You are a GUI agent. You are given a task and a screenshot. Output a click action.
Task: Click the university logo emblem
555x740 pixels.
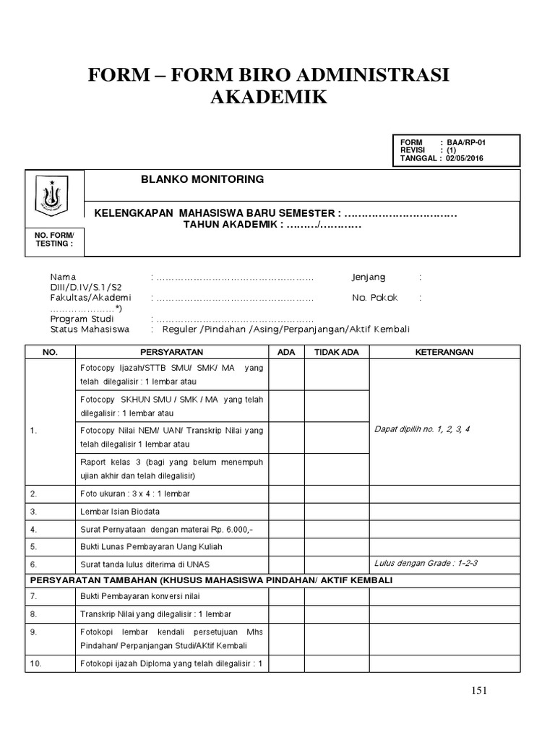coord(54,194)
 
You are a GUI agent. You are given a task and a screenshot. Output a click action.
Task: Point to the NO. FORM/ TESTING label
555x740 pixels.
coord(54,239)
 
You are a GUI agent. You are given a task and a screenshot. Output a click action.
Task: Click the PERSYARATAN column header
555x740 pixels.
coord(173,352)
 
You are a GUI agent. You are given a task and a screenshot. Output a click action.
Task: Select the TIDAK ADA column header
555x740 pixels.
coord(336,352)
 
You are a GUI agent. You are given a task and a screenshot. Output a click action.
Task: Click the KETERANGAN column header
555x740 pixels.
coord(444,352)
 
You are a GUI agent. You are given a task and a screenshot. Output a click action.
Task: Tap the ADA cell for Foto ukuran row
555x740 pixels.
coord(286,494)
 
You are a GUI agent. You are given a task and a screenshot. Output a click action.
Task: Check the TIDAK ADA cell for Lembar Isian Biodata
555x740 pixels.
coord(336,512)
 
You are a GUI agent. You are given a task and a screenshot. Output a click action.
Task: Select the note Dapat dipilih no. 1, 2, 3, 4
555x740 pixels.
coord(422,429)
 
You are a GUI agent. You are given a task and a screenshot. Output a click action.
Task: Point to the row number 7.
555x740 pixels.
coord(33,596)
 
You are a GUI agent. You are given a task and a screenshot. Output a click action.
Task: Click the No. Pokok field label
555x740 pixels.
coord(374,298)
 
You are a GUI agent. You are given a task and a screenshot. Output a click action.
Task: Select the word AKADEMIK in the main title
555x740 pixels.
coord(268,97)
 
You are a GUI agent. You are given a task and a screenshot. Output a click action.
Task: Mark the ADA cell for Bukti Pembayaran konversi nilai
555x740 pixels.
coord(286,596)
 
